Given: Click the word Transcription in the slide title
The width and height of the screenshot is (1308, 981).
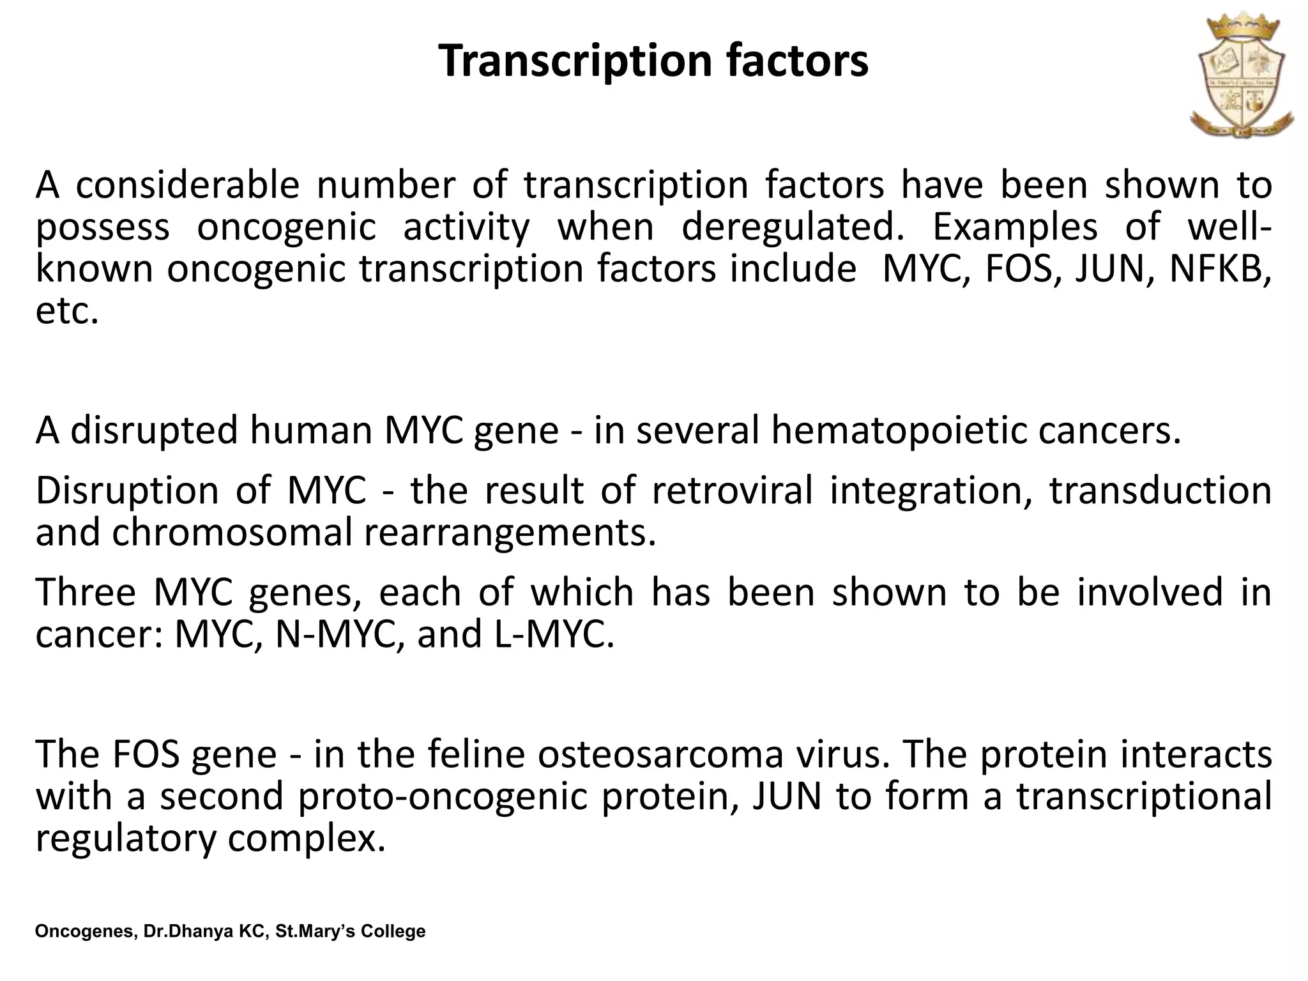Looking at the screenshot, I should tap(575, 62).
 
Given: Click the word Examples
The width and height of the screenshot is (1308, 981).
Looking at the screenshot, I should tap(1015, 227).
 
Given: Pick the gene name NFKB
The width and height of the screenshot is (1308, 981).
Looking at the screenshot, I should tap(1220, 269).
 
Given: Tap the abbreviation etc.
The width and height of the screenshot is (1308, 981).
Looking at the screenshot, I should tap(67, 311).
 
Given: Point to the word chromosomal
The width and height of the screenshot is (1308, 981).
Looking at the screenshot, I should tap(232, 533).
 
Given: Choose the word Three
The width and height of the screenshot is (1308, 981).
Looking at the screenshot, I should tap(86, 592).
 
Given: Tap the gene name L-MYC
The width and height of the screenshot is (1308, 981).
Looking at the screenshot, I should tap(554, 634).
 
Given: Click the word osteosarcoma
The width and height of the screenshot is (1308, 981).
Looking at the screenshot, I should tap(660, 754).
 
